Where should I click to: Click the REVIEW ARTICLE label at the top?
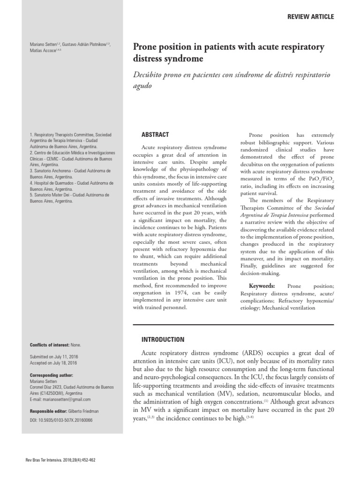pos(311,17)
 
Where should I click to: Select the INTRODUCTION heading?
pos(163,339)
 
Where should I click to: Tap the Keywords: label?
pos(262,286)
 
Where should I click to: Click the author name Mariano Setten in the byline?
pos(43,45)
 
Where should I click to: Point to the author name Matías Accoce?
pos(42,51)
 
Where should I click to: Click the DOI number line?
pos(61,420)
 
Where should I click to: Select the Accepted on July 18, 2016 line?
pos(53,363)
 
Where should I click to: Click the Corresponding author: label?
pos(51,375)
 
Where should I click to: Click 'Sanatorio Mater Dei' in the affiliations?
pos(53,195)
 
